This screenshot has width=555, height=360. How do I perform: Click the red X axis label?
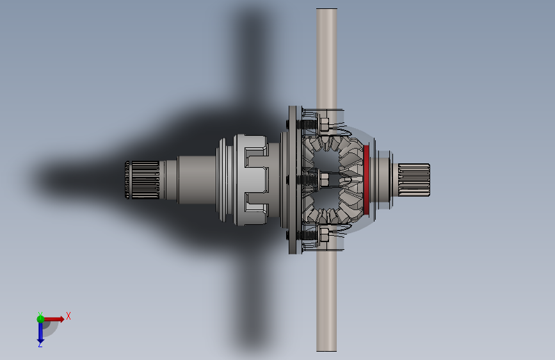coord(68,316)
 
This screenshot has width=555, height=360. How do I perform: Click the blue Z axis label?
coord(40,344)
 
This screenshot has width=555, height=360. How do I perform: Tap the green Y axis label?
coord(40,315)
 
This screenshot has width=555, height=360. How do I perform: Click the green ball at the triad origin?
coord(40,319)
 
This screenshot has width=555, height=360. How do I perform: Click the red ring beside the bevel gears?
coord(366,179)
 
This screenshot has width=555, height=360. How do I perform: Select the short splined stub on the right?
coord(414,179)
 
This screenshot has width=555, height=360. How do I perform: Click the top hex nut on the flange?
coord(324,125)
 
